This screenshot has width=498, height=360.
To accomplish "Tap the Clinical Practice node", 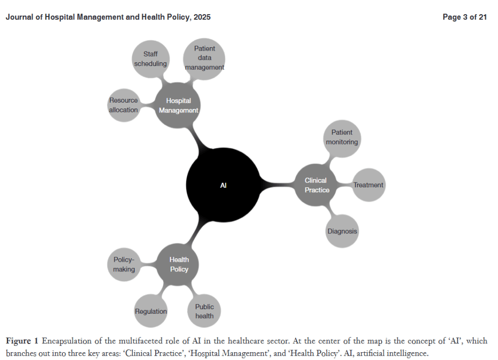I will (x=316, y=185).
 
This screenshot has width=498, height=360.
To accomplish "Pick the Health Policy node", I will (x=179, y=264).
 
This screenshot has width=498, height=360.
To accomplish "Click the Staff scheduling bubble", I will (x=150, y=59).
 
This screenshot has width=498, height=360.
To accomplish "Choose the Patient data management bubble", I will (x=204, y=58).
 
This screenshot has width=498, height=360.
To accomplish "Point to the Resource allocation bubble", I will (x=124, y=105).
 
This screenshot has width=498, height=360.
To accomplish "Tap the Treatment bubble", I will (x=368, y=185).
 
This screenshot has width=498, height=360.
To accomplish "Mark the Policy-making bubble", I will (x=124, y=264).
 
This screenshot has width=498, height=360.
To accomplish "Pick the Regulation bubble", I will (x=150, y=311).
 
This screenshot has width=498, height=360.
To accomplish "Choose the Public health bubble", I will (x=204, y=311).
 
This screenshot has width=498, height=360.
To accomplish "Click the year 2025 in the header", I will (x=202, y=17).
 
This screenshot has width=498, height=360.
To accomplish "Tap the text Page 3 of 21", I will (x=464, y=17).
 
